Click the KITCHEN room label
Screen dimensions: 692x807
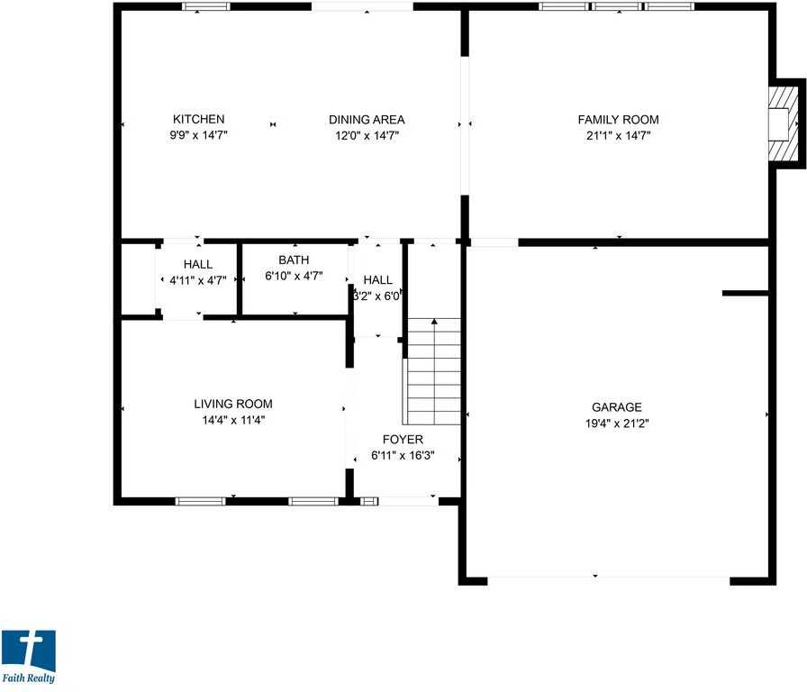[198, 119]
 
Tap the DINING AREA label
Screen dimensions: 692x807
[366, 119]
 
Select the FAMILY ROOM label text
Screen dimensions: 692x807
[618, 119]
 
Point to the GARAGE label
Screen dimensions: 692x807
[616, 407]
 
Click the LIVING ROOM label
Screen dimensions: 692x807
[233, 404]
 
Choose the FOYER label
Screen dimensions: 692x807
[403, 439]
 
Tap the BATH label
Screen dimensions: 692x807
[294, 260]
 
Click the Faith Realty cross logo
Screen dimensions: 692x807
[29, 651]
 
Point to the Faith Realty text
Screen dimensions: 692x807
[28, 678]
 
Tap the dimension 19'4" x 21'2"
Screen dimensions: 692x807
[616, 423]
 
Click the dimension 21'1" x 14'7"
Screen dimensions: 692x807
[618, 135]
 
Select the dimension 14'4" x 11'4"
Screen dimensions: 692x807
[233, 419]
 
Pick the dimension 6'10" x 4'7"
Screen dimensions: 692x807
[294, 277]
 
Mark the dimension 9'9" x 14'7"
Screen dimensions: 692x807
[198, 135]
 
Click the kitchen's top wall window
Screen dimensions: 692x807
[206, 7]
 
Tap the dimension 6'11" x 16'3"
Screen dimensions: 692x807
[403, 455]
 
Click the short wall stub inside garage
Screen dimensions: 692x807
[745, 293]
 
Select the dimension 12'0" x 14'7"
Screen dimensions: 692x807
[366, 135]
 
